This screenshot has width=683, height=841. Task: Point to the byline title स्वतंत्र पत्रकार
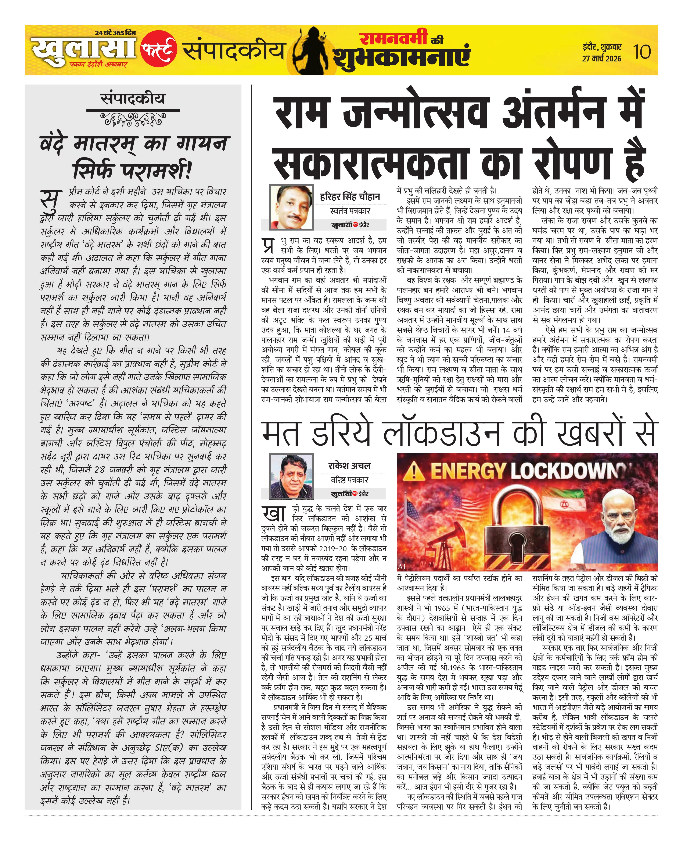(350, 211)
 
